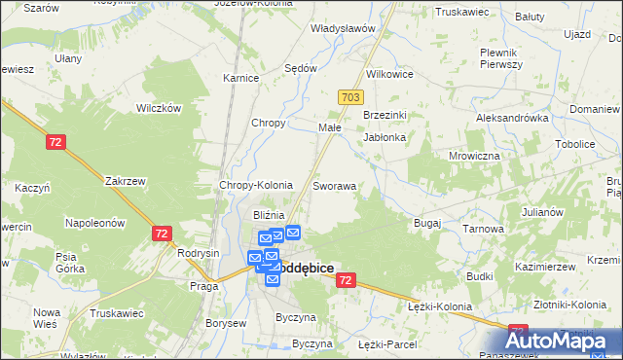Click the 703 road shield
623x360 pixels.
tap(351, 98)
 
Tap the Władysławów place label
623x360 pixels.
tap(342, 28)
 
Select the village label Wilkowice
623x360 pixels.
tap(389, 74)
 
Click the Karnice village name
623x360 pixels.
tap(239, 78)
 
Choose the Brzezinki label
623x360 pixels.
tap(384, 115)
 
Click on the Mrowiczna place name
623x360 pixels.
tap(474, 156)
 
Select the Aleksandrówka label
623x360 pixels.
tap(512, 117)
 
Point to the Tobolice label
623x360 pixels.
tap(574, 144)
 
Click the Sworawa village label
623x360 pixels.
tap(334, 185)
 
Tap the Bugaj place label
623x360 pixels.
tap(427, 223)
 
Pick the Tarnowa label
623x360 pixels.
tap(483, 229)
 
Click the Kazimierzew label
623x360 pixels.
tap(541, 266)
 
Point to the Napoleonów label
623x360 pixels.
tap(95, 223)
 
